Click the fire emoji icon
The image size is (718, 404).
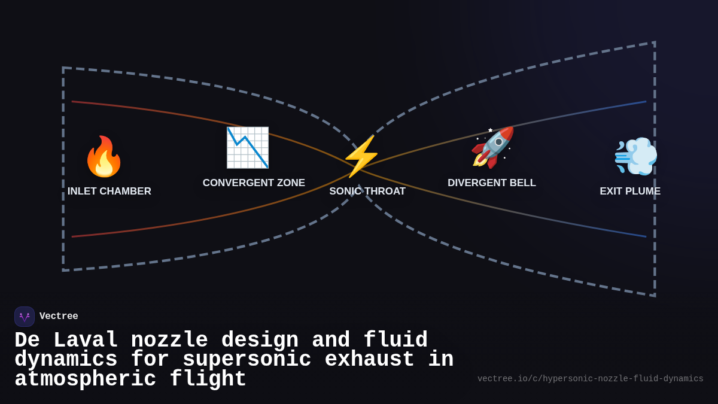click(104, 157)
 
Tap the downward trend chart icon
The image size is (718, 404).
click(247, 148)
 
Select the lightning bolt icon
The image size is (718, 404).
click(361, 156)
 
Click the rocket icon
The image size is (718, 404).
click(492, 147)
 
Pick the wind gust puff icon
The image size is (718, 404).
click(635, 156)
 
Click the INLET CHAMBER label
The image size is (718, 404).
click(109, 192)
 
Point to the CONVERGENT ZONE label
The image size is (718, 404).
click(254, 183)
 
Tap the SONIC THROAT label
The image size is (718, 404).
click(367, 192)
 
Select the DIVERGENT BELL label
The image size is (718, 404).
click(492, 183)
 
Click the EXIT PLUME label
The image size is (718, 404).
click(630, 192)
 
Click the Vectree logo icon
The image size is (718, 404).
click(25, 317)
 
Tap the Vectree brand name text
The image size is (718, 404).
click(59, 317)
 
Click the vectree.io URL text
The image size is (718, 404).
click(590, 379)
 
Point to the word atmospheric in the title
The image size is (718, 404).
click(85, 379)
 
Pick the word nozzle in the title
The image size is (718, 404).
click(169, 341)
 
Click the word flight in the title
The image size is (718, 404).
click(208, 379)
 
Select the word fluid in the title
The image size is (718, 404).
click(395, 341)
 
